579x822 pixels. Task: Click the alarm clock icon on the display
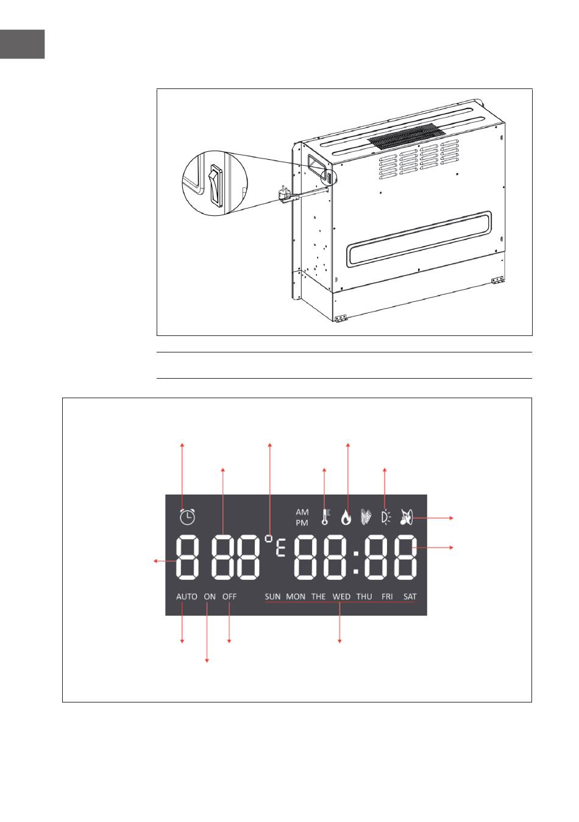click(x=187, y=516)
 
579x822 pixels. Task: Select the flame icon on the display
click(x=346, y=517)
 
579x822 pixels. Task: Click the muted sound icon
click(x=407, y=517)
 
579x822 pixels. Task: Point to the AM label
click(x=302, y=512)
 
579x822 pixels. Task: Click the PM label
click(x=302, y=523)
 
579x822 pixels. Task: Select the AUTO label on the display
click(x=186, y=597)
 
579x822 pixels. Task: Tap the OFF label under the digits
click(x=230, y=597)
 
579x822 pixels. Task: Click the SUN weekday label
click(x=272, y=597)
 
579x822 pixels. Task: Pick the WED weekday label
click(x=341, y=597)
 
